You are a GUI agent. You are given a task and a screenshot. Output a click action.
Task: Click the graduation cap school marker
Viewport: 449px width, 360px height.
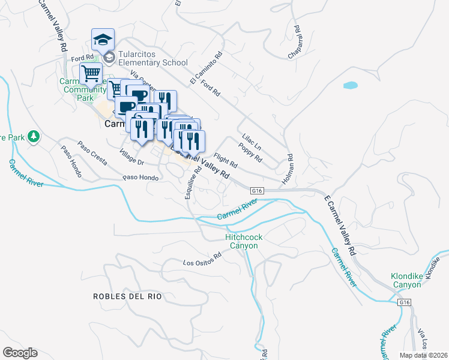click(x=103, y=40)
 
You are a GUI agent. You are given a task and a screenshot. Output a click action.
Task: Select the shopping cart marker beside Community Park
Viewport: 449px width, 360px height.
click(x=91, y=74)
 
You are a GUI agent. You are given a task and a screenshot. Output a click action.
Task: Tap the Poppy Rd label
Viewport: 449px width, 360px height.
click(x=250, y=152)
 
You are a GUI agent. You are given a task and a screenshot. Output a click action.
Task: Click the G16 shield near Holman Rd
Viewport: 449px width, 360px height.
click(x=258, y=190)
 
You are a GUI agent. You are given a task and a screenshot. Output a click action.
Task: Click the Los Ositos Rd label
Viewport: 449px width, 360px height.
click(x=202, y=263)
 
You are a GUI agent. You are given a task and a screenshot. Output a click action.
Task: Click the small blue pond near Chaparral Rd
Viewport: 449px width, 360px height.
click(x=351, y=85)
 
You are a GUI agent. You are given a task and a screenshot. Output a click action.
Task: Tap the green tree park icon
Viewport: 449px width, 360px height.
click(x=34, y=137)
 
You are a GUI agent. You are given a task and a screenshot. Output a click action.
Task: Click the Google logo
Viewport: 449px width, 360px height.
click(x=20, y=353)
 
